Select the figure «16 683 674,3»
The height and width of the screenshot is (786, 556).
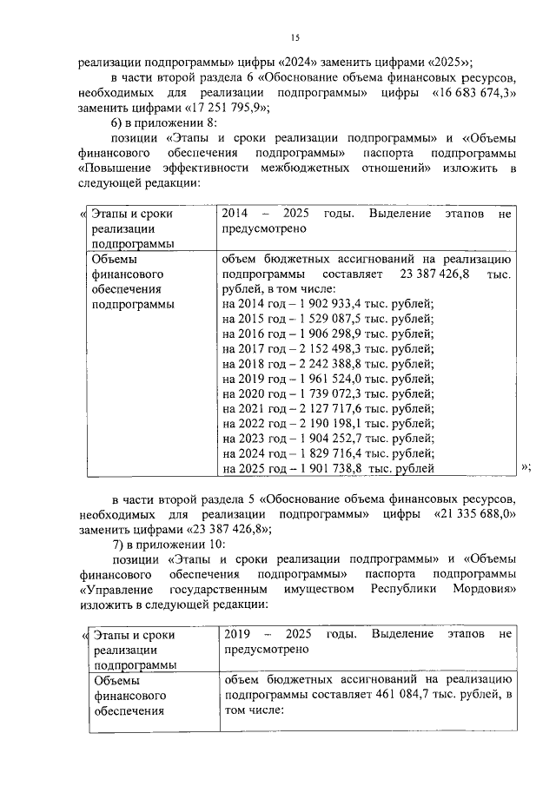467,92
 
